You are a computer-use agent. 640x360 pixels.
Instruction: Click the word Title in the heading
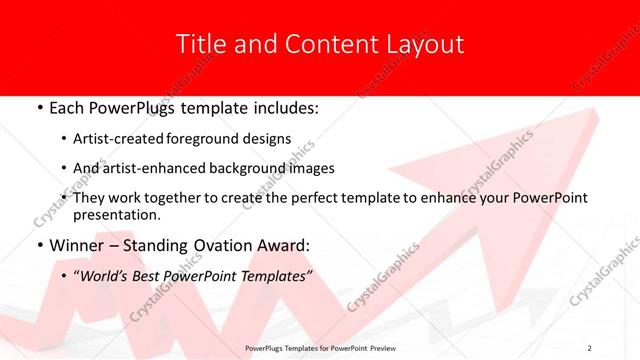coord(200,44)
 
